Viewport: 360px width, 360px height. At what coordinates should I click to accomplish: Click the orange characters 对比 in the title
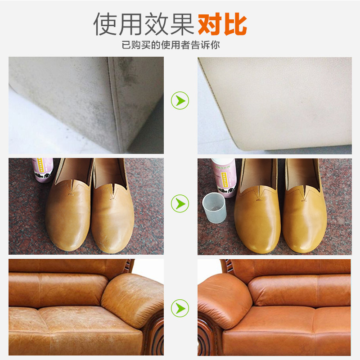coord(222,24)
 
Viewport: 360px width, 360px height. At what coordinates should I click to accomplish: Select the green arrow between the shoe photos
coord(180,204)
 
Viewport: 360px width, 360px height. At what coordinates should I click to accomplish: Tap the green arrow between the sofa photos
coord(180,308)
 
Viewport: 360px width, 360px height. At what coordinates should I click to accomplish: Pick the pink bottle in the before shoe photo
coord(43,169)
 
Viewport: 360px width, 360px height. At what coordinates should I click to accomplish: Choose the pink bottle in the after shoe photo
coord(223,178)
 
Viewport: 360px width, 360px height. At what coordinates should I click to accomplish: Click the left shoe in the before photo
coord(69,211)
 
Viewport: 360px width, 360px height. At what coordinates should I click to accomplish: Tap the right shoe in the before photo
coord(112,211)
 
